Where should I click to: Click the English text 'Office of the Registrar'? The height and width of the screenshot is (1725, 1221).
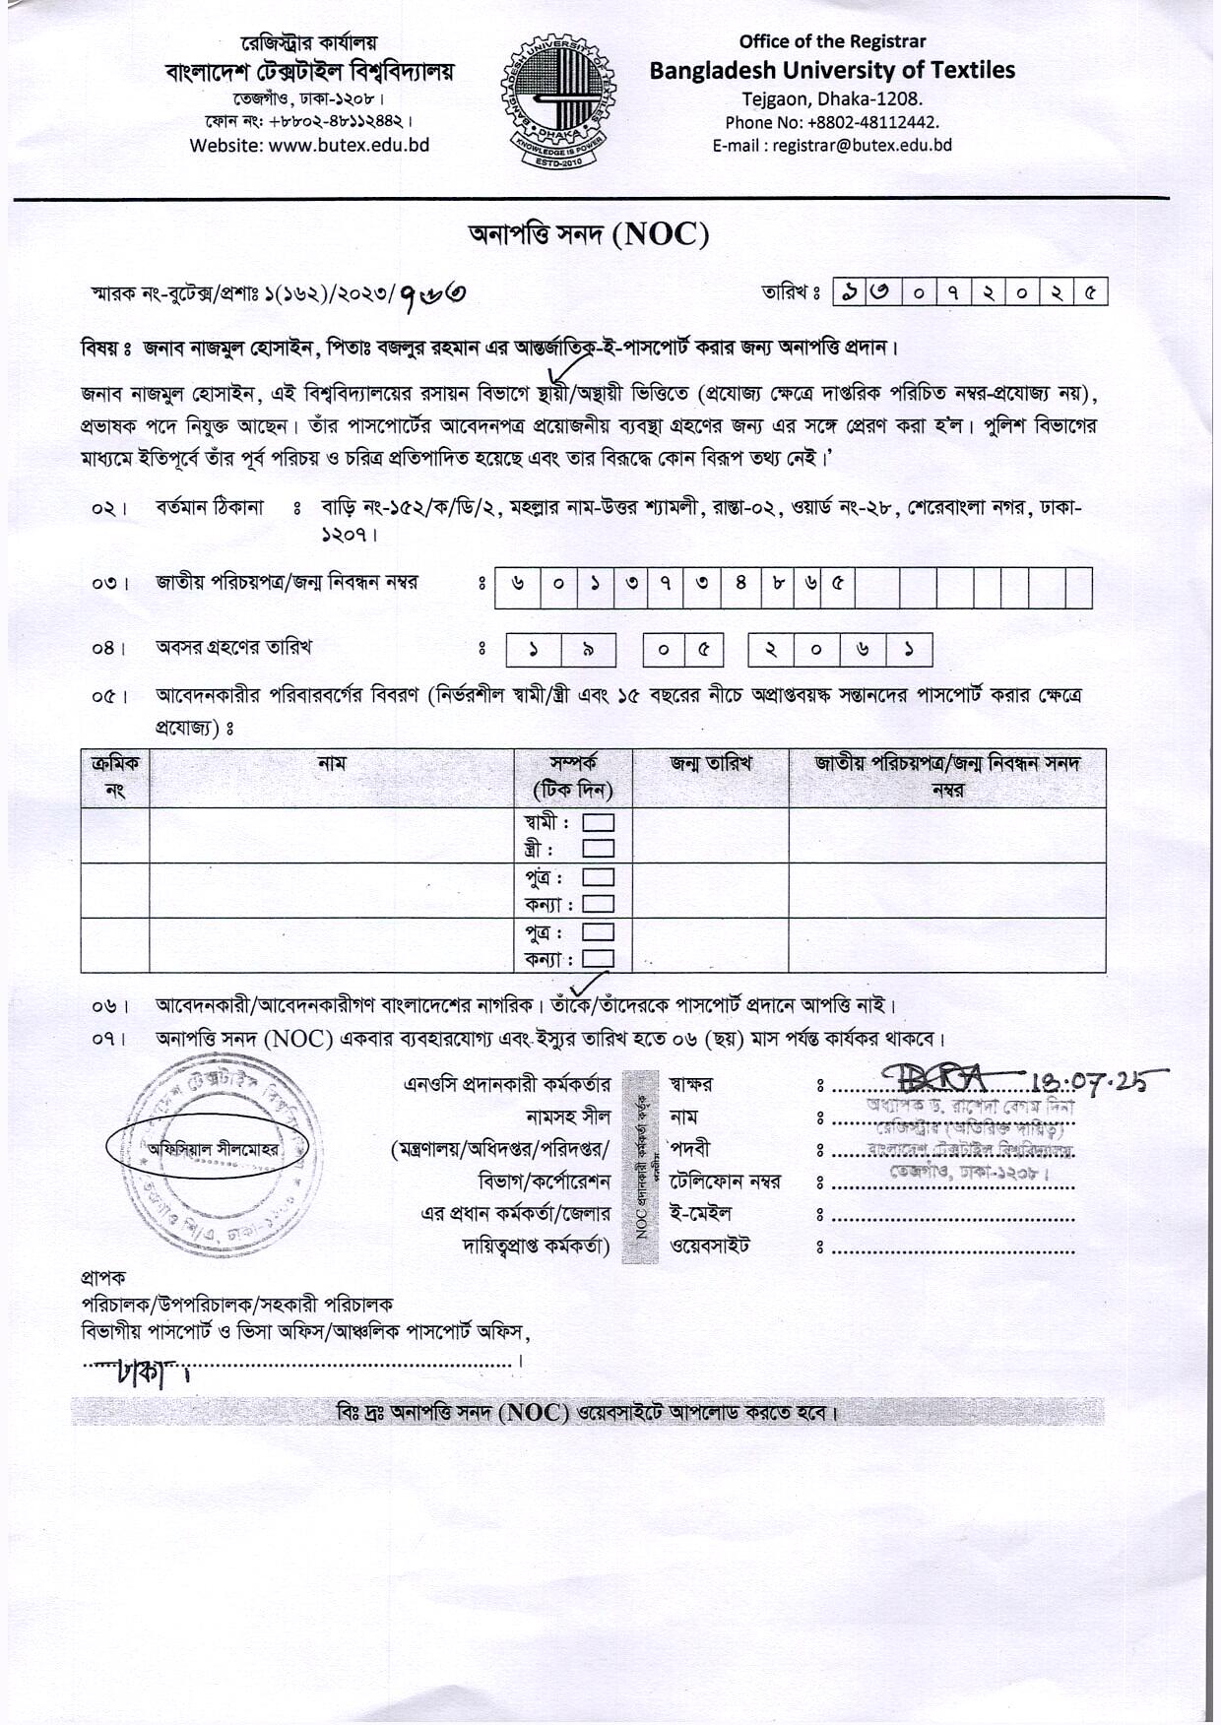(832, 41)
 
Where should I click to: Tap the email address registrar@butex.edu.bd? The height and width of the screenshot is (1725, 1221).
(863, 145)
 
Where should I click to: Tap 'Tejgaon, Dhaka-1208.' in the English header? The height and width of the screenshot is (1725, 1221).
(832, 98)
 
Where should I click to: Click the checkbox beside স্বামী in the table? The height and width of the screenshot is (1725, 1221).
(599, 822)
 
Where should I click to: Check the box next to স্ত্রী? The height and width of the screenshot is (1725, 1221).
(599, 848)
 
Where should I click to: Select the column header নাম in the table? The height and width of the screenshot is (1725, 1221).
(332, 763)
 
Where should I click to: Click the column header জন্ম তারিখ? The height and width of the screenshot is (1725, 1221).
(710, 763)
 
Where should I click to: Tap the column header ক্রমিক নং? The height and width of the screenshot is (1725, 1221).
(115, 776)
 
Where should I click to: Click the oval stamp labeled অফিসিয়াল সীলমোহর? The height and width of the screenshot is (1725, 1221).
(208, 1148)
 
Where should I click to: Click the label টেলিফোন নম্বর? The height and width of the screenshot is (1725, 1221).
(725, 1181)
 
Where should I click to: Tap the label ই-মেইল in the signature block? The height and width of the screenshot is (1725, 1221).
(700, 1213)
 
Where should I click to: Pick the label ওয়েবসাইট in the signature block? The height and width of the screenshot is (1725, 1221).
(710, 1246)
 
